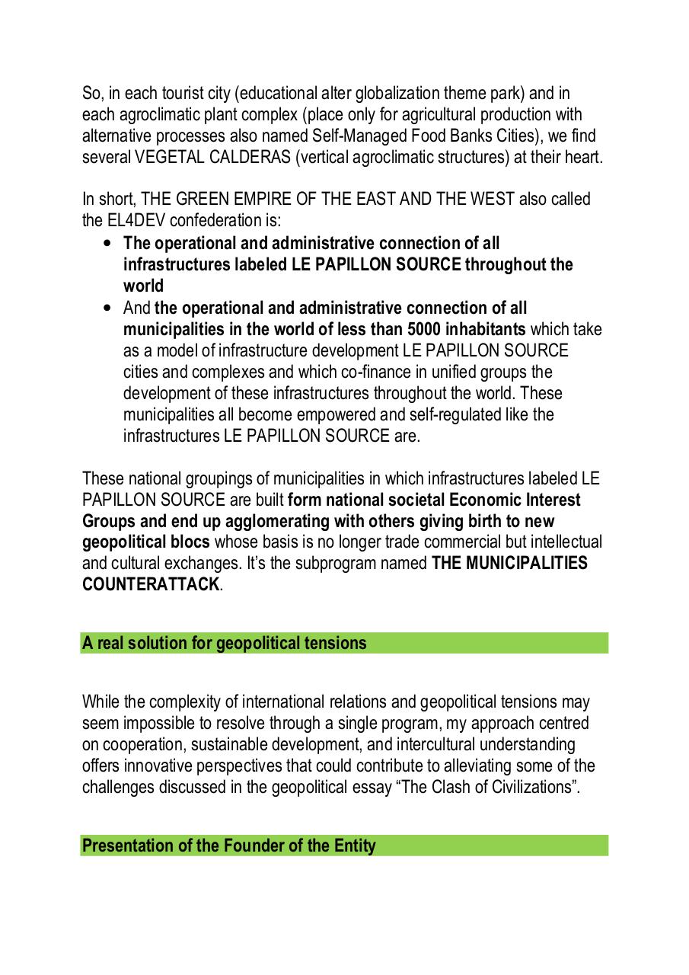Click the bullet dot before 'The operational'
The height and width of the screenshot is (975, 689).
(x=106, y=244)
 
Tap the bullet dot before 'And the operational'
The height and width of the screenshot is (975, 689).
(x=106, y=308)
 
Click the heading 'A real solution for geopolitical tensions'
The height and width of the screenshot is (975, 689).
(x=225, y=643)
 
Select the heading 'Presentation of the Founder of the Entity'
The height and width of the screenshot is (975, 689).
(x=228, y=846)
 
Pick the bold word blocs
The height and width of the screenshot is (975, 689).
(x=191, y=542)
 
